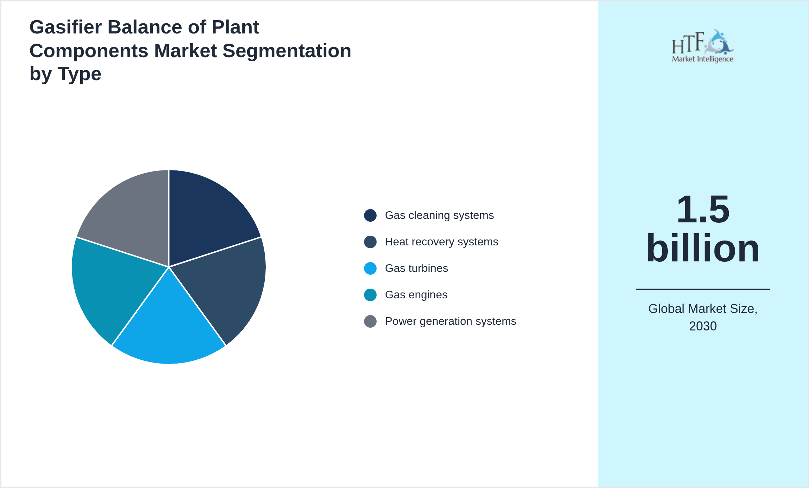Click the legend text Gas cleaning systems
click(439, 215)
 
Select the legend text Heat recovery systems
click(441, 242)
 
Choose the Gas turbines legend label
click(416, 268)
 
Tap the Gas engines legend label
click(416, 295)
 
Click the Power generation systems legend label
click(450, 321)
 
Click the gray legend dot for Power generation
click(370, 321)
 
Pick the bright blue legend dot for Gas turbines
click(370, 268)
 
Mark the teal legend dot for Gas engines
click(370, 295)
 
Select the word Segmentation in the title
click(287, 51)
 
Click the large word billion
click(703, 248)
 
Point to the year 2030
click(703, 326)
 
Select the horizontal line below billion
click(703, 289)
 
